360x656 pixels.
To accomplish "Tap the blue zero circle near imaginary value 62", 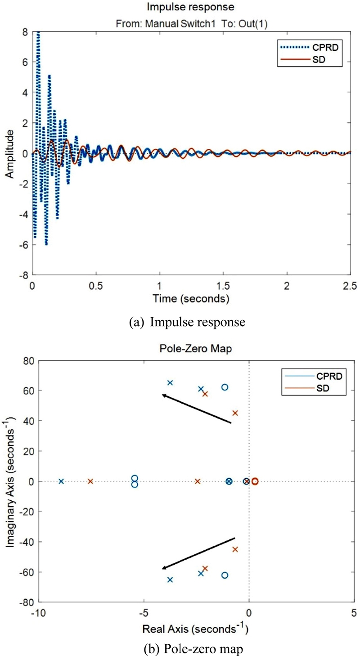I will pos(225,387).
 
